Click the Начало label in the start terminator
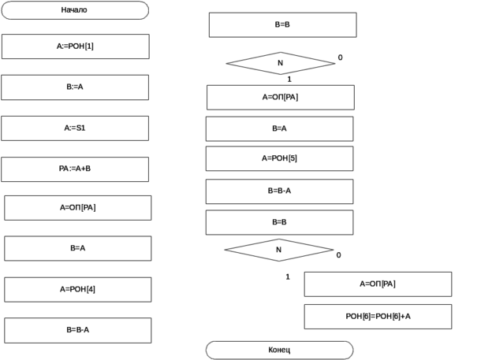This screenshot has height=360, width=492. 74,10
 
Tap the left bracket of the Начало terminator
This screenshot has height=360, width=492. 6,10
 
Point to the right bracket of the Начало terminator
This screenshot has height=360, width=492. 144,10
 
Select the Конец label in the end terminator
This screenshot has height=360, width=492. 280,348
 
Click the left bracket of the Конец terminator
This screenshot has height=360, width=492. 210,349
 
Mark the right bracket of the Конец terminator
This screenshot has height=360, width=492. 349,349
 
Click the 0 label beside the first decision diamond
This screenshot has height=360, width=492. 341,58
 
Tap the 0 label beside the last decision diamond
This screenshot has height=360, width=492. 338,254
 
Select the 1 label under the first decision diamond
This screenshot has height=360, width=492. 289,79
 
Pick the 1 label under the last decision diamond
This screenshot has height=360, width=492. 289,276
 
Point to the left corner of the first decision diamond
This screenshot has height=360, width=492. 226,63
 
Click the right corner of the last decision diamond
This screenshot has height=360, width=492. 334,249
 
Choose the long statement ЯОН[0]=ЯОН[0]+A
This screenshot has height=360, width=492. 378,316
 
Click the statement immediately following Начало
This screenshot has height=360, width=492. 76,46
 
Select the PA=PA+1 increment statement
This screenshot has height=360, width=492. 76,168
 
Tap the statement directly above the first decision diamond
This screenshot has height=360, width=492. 283,24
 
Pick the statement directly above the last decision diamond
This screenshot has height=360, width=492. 281,222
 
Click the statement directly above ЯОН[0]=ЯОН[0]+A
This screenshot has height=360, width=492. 377,284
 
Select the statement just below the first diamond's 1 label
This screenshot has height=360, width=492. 280,97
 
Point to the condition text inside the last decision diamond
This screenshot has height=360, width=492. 279,249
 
